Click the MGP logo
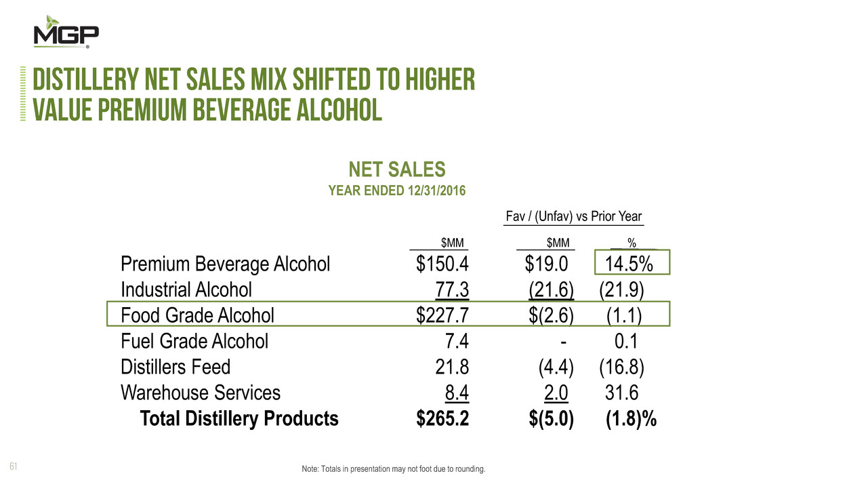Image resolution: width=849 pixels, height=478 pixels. (x=66, y=31)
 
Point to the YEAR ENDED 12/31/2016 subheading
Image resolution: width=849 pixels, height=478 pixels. (x=396, y=191)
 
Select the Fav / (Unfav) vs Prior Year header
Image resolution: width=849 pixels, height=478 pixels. (x=574, y=217)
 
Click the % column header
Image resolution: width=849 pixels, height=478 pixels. (x=631, y=243)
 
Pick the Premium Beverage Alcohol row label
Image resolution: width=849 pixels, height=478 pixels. (x=225, y=264)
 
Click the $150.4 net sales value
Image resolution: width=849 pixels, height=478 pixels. (x=442, y=264)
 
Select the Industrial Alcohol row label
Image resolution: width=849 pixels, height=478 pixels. (x=186, y=290)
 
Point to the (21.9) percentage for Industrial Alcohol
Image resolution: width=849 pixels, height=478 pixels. (x=621, y=290)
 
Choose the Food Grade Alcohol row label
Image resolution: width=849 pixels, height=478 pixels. (x=197, y=315)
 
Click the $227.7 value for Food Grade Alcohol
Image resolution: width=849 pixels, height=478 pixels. (x=442, y=315)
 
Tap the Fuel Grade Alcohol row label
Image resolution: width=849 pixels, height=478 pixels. (x=194, y=341)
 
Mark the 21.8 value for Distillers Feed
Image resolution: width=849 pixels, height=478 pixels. (x=453, y=367)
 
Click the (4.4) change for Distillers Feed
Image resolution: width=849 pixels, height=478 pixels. (x=556, y=367)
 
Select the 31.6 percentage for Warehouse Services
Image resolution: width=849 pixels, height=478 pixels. (x=621, y=393)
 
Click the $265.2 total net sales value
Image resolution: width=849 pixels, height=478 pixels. (x=442, y=419)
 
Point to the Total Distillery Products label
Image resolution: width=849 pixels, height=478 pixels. (x=239, y=419)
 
